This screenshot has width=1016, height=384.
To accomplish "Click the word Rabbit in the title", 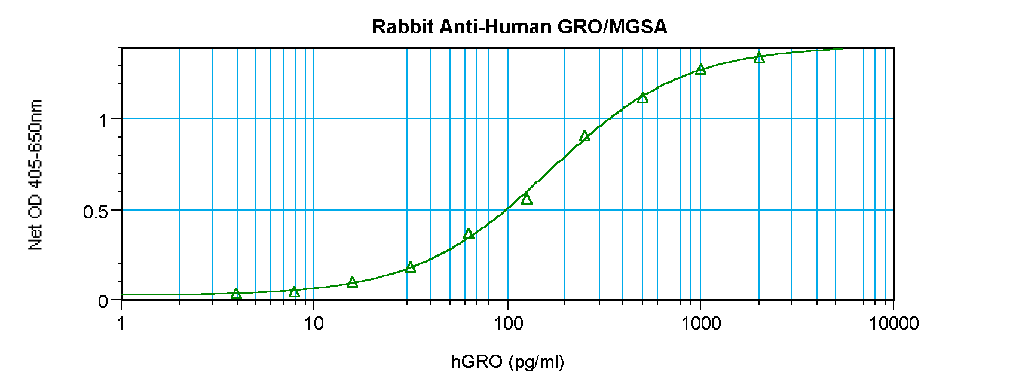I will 402,27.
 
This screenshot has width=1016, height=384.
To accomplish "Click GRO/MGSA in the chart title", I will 612,27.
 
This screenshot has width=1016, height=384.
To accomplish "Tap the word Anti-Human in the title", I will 495,27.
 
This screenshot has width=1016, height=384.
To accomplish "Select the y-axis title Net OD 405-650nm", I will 36,175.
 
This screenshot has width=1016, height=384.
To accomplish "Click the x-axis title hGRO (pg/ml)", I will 507,361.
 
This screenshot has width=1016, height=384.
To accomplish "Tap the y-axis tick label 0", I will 103,301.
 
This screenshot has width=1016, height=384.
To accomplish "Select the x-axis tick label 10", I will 314,324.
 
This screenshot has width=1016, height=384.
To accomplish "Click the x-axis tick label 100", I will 507,324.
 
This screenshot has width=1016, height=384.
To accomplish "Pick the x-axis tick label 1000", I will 700,324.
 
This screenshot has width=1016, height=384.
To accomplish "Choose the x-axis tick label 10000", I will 893,324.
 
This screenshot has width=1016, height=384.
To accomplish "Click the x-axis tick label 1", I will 121,324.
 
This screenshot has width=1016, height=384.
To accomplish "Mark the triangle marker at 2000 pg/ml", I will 759,58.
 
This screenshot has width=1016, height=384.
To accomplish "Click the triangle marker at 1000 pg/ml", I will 701,70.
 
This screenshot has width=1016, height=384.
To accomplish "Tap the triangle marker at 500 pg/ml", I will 642,97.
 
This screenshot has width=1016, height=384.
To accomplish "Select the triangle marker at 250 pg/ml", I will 584,136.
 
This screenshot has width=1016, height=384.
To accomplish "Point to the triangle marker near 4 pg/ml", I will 236,294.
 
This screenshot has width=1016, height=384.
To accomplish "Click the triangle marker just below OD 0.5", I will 527,199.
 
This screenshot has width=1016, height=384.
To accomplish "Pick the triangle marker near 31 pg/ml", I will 410,267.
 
